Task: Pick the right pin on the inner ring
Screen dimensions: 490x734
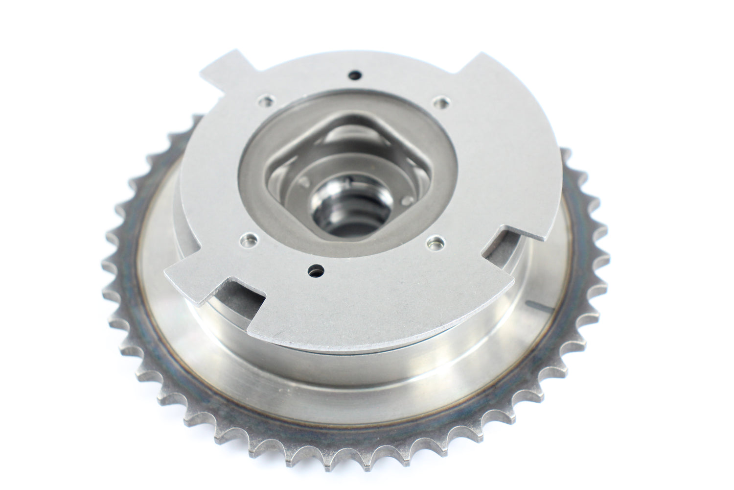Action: coord(405,200)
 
